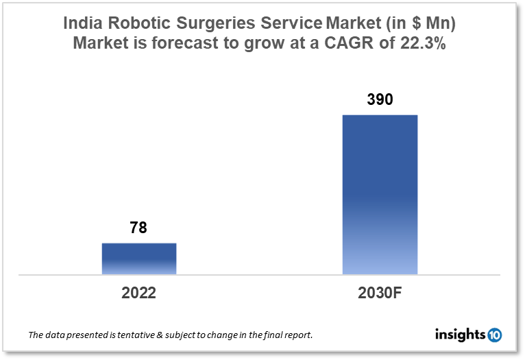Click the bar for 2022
139,259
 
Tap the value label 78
138,228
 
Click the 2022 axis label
139,293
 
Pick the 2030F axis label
380,293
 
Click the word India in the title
82,23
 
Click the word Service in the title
293,23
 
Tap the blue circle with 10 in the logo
494,335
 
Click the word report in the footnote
297,335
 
